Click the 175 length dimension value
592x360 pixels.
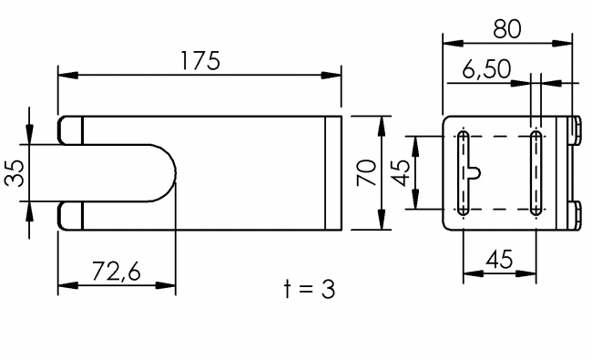point(199,61)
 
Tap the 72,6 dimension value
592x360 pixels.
point(116,270)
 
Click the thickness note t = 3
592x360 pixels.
point(310,290)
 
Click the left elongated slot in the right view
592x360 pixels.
point(463,173)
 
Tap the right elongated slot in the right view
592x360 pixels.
point(536,173)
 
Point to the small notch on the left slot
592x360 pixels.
point(475,172)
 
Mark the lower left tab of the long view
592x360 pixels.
point(71,216)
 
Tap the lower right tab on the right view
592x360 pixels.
point(576,215)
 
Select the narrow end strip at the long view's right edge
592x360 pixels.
point(333,173)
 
